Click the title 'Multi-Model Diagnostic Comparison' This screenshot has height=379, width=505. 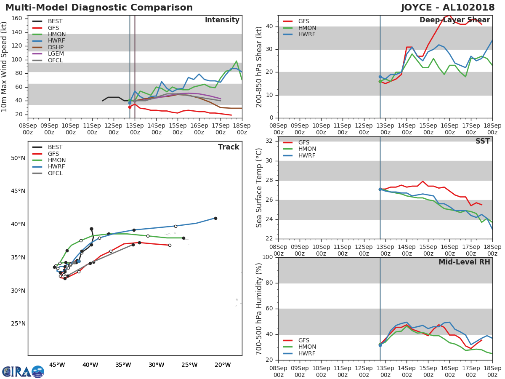tap(99, 8)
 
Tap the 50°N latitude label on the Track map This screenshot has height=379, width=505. tap(18, 158)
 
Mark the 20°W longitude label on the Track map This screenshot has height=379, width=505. tap(222, 365)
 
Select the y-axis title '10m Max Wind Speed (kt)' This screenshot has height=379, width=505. tap(5, 67)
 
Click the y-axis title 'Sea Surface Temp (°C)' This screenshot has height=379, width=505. tap(260, 187)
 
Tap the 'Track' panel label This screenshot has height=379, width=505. tap(229, 147)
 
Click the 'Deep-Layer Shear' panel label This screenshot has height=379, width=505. tap(454, 20)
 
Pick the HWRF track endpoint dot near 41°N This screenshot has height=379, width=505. tap(215, 218)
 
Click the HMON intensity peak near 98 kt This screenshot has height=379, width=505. tap(237, 61)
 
